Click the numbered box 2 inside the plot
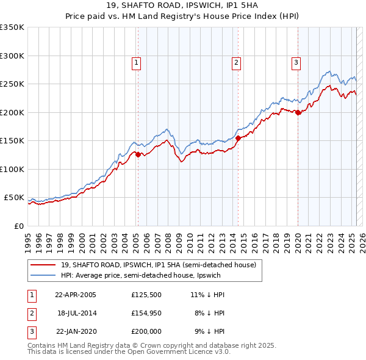tap(236, 62)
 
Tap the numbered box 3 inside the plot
tap(296, 62)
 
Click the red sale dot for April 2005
tap(138, 154)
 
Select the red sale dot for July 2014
tap(238, 138)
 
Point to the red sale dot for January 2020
tap(298, 112)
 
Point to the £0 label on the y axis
tap(18, 226)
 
